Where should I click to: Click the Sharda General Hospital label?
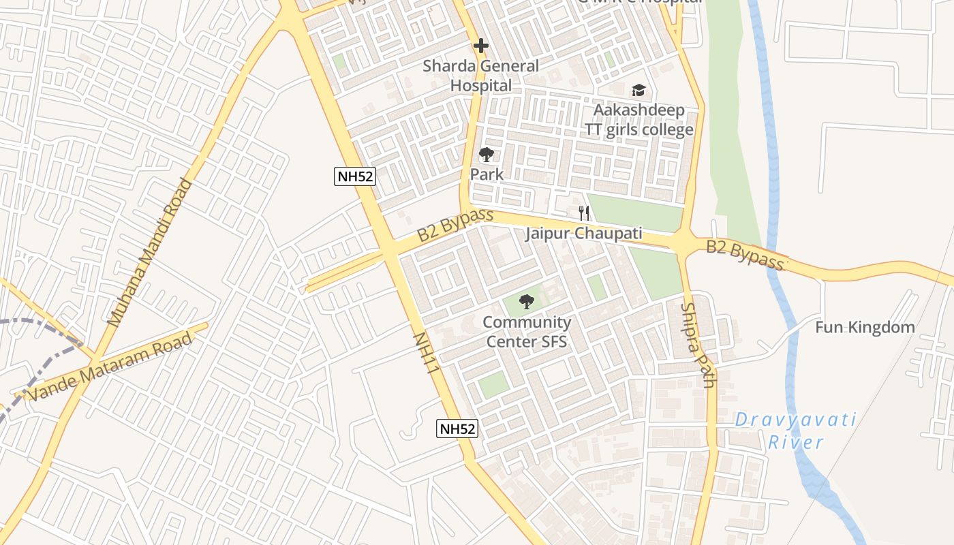(480, 76)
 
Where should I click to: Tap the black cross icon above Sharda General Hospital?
(481, 46)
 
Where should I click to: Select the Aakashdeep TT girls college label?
(638, 120)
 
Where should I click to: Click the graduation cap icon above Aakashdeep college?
(638, 90)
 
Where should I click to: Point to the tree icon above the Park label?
(486, 155)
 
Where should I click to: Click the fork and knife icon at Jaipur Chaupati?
(583, 213)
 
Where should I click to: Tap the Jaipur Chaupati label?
(583, 234)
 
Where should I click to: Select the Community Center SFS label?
(527, 332)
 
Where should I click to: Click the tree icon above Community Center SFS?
(526, 301)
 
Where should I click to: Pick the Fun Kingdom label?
(865, 328)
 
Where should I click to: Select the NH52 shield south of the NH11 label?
(457, 429)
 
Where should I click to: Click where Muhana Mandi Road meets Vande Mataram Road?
(94, 360)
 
